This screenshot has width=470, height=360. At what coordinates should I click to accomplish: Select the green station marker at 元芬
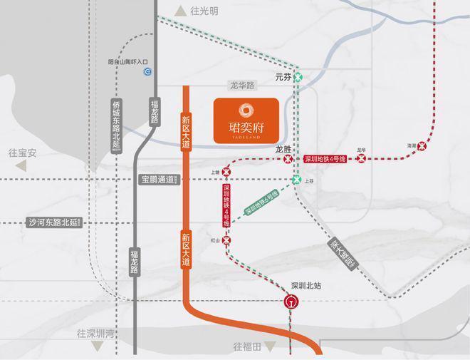tap(300, 76)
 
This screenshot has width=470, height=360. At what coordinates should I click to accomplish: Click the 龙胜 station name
tap(283, 150)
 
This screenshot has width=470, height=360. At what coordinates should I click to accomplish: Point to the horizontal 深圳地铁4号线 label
tap(325, 159)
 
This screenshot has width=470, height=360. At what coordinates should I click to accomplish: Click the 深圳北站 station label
tap(307, 286)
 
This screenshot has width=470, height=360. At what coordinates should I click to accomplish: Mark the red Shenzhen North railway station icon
tap(291, 301)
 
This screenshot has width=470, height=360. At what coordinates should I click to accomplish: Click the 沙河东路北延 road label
tap(54, 222)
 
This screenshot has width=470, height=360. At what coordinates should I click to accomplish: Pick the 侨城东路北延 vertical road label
tap(117, 125)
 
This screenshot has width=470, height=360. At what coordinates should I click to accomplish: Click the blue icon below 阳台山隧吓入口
tap(147, 71)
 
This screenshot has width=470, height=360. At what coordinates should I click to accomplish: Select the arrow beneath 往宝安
tap(21, 166)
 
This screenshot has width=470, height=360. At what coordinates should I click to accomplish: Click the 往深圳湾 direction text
tap(96, 334)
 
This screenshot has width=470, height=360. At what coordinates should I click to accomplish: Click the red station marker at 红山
tap(227, 241)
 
